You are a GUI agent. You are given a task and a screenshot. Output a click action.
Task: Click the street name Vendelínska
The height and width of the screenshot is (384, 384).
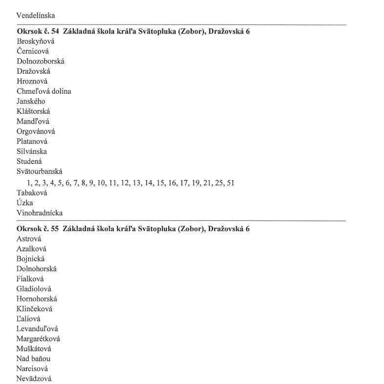coord(36,15)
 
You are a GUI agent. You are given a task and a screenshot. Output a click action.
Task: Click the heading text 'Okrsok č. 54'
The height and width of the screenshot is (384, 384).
coord(38,31)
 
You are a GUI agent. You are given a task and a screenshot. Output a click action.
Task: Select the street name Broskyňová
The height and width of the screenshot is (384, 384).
coord(36,42)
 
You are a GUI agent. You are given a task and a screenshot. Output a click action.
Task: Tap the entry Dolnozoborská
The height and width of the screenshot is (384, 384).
coord(40,62)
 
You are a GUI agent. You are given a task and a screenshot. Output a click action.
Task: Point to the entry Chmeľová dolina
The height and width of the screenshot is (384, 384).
coord(44,91)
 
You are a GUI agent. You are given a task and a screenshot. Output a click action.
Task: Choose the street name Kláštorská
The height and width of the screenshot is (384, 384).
coord(33,111)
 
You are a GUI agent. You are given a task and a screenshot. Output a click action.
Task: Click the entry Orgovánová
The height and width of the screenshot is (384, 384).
coord(36,131)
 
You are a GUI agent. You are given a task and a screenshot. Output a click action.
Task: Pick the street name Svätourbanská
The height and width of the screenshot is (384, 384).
coord(39,171)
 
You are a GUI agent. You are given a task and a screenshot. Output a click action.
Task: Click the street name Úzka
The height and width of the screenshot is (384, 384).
coord(24,203)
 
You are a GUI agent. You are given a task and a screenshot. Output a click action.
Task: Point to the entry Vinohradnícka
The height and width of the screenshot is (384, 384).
coord(39,213)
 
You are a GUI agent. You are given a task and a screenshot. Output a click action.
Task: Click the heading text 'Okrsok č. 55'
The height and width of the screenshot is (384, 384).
coord(38,229)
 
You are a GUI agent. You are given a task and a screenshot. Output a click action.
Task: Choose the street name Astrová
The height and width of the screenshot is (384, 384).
coord(29,239)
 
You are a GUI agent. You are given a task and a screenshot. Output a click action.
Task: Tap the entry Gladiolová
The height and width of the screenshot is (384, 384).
coord(34,289)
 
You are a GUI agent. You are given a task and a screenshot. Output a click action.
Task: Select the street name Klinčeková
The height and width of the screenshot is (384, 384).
coord(34,309)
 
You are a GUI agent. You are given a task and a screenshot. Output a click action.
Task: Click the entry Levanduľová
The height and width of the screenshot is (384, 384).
coord(37,329)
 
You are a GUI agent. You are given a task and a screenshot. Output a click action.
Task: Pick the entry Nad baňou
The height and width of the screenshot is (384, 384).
coord(33,359)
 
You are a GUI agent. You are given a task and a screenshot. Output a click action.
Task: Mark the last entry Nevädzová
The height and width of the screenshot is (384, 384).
coord(33,379)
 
